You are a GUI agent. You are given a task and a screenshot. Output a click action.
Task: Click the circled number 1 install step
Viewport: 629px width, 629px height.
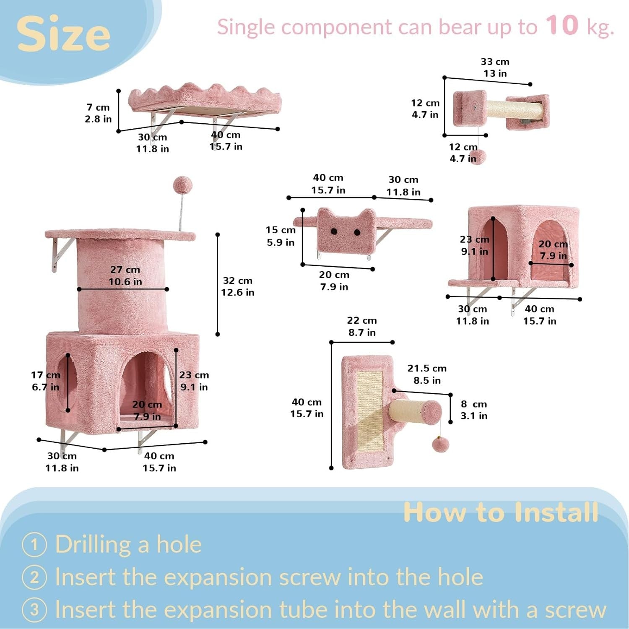coord(34,545)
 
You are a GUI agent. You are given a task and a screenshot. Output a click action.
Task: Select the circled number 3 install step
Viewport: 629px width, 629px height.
coord(34,609)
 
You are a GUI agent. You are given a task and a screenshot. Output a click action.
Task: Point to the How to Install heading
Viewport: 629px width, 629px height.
coord(501,512)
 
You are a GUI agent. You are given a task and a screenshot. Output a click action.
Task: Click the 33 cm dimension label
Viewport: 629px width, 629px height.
coord(495,62)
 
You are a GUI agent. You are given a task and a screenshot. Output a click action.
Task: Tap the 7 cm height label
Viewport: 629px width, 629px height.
coord(98,107)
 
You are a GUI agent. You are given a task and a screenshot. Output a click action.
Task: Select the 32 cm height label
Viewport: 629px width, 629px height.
coord(237,281)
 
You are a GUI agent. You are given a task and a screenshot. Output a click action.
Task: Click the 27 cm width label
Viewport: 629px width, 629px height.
coord(125,270)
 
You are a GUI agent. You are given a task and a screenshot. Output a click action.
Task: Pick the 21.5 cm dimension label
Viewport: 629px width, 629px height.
coord(427,368)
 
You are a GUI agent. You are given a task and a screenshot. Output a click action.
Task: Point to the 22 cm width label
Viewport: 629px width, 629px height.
coord(362,320)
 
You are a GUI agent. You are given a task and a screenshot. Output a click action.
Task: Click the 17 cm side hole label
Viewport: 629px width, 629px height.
coord(45,375)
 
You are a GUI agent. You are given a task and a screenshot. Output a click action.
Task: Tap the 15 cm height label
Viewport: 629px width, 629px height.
coord(281,230)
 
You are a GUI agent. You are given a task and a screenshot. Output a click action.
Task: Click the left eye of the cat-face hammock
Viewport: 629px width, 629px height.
coord(334,231)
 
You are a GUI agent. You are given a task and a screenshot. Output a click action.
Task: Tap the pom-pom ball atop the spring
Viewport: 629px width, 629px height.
coord(182,185)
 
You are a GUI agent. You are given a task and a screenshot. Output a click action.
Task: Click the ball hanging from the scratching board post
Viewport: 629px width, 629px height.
coord(441,444)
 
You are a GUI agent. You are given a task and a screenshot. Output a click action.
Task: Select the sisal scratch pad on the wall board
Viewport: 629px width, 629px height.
coord(369,412)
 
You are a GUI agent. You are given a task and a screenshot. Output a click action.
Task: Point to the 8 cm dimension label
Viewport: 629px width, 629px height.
coord(474,404)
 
